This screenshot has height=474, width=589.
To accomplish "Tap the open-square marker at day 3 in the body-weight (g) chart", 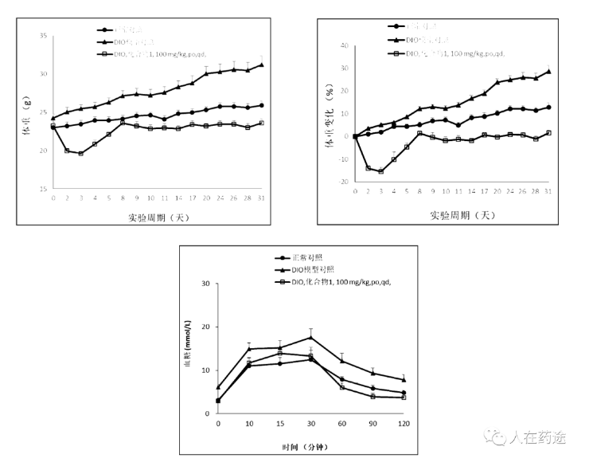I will click(81, 153).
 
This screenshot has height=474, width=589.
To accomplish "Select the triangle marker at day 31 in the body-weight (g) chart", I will click(262, 65).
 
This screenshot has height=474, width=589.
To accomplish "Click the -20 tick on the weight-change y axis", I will click(348, 182).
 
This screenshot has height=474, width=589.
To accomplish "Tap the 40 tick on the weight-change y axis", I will click(348, 45).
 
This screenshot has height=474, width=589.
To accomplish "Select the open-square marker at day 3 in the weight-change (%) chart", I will click(381, 171).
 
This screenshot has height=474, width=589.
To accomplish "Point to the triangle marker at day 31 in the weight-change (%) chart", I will click(548, 71).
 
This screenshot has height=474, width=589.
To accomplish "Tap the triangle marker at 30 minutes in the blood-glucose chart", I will click(310, 337).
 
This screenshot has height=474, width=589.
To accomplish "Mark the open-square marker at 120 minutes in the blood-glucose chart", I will click(404, 397).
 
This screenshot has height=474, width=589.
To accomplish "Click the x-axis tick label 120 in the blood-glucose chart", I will click(404, 422).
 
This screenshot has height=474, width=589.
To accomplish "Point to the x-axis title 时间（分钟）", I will click(310, 447).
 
